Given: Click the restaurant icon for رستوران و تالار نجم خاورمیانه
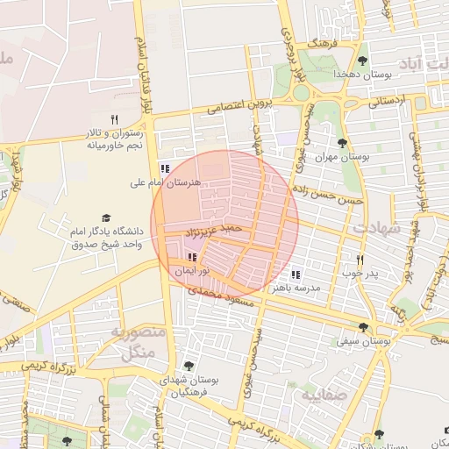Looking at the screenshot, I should point(113,119).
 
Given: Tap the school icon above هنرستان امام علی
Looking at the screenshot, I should point(164,168).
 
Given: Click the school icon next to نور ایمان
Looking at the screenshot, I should point(192,257).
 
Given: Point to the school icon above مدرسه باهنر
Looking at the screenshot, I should point(295,274).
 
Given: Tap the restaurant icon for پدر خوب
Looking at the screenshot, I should point(360,260).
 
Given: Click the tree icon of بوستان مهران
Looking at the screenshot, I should point(342,143).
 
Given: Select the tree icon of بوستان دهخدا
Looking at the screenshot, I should point(362,61).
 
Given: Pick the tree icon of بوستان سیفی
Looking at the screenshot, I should point(363,327).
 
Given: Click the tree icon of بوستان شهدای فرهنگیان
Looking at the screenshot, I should point(188,366).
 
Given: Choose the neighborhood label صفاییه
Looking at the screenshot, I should point(325,396).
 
